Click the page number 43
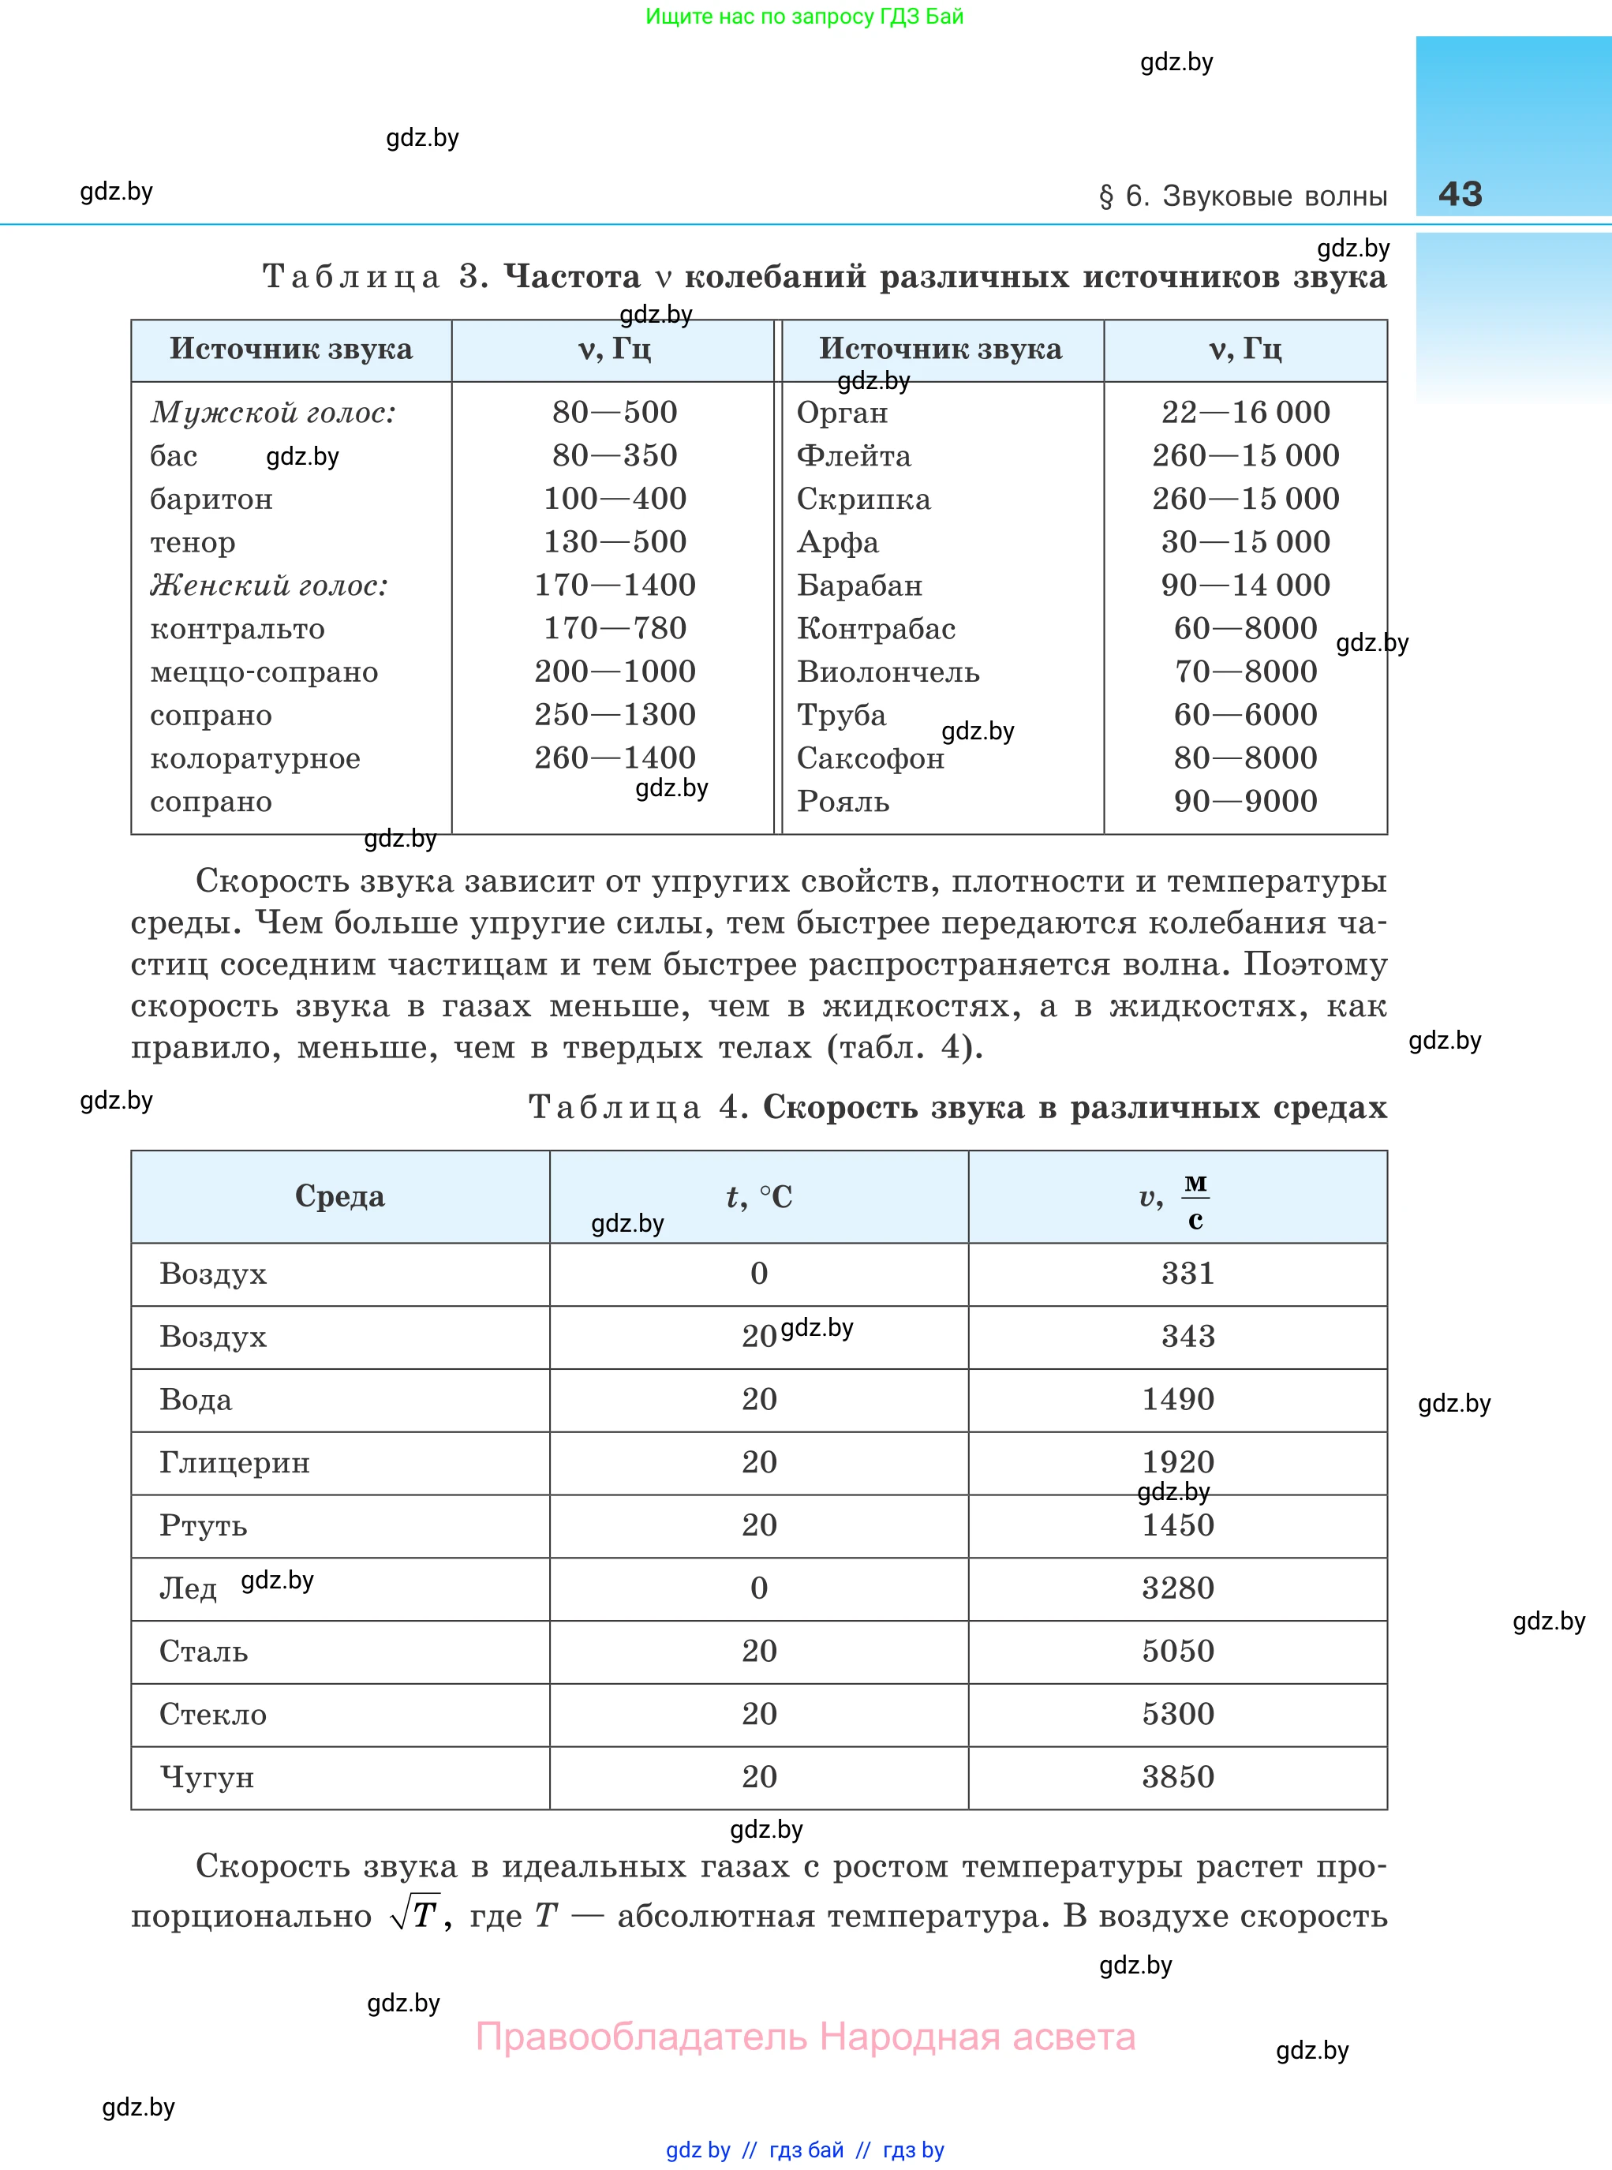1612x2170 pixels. tap(1460, 194)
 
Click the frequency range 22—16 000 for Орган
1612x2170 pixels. tap(1245, 413)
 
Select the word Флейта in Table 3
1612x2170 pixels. tap(854, 455)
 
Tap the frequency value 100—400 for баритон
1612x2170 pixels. tap(615, 499)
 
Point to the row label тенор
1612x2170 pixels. tap(193, 543)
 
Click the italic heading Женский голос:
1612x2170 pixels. tap(269, 586)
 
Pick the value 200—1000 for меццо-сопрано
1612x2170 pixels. tap(615, 672)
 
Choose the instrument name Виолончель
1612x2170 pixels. tap(888, 672)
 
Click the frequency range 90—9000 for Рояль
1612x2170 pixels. tap(1245, 801)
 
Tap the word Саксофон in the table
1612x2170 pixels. tap(870, 759)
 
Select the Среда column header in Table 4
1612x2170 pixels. tap(339, 1196)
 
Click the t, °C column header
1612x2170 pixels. tap(759, 1196)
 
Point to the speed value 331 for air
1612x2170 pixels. tap(1187, 1274)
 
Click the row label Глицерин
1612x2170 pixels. tap(234, 1463)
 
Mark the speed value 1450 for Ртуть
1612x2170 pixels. tap(1178, 1525)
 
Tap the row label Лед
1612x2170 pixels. tap(187, 1588)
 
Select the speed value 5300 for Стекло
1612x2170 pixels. tap(1178, 1715)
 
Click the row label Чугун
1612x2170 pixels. tap(207, 1778)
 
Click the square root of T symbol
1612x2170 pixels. tap(415, 1914)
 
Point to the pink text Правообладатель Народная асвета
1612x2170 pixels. tap(805, 2037)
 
